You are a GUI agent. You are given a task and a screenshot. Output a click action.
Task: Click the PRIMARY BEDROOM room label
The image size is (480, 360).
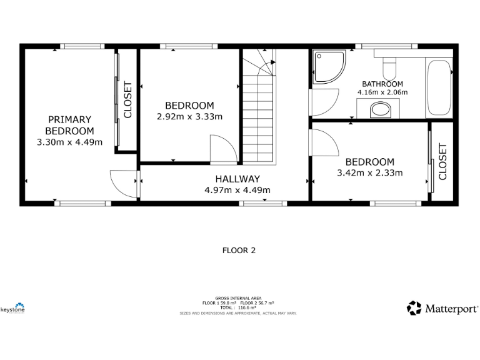[x=69, y=125]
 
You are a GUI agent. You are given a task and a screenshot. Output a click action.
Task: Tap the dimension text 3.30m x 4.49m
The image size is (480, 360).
[x=69, y=142]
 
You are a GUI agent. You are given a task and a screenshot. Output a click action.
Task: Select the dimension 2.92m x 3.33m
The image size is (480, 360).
[x=189, y=116]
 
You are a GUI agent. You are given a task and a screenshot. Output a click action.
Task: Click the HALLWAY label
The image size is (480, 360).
[x=237, y=179]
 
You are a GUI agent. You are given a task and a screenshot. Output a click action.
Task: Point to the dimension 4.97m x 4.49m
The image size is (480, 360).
[x=237, y=190]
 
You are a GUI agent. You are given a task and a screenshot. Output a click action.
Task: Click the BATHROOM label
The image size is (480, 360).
[x=382, y=84]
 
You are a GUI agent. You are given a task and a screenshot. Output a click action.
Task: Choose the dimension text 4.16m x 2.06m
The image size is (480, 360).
[x=382, y=92]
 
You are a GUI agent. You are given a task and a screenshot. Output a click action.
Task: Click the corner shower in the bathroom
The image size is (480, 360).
[x=328, y=67]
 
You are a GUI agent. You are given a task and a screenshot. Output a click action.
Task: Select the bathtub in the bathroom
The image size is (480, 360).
[x=439, y=87]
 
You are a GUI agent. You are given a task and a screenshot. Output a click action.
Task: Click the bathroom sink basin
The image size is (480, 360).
[x=379, y=111]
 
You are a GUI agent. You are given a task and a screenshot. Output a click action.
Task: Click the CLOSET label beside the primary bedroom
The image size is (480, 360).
[x=128, y=99]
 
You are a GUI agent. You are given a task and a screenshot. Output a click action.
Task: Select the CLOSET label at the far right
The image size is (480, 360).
[x=442, y=161]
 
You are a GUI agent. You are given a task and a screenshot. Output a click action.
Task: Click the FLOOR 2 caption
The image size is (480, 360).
[x=239, y=251]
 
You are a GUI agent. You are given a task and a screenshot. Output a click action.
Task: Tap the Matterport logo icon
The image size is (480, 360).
[x=414, y=308]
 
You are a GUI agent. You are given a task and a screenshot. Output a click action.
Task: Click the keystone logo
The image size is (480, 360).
[x=12, y=307]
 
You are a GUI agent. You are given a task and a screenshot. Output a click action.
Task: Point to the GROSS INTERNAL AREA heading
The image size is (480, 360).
[x=238, y=298]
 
